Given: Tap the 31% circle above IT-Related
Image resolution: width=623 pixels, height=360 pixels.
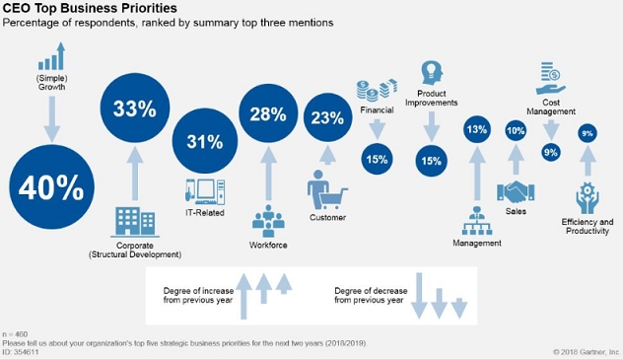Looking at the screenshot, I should tap(204, 140).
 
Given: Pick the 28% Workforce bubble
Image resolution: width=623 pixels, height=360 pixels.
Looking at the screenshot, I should tap(269, 115).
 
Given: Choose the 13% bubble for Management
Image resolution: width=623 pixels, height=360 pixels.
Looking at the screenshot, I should tap(478, 129).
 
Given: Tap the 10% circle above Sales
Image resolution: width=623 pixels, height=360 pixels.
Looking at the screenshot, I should tap(516, 130).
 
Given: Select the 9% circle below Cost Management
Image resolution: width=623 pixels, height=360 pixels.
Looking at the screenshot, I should tap(551, 151).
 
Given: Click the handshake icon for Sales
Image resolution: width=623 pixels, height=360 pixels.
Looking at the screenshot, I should tap(516, 192).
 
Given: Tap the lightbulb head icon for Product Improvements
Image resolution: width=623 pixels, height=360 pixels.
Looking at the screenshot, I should tap(431, 71).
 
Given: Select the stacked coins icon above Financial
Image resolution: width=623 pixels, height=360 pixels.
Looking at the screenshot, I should tap(376, 89).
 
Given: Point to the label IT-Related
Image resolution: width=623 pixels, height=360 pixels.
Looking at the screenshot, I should tap(205, 213).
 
